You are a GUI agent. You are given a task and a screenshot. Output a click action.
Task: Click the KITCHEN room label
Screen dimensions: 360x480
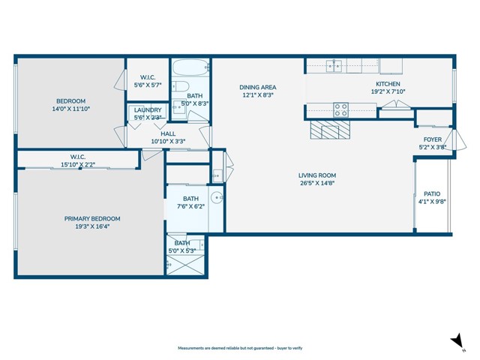coord(388,84)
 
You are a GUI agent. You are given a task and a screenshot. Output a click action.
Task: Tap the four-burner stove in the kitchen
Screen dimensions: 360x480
coord(340,110)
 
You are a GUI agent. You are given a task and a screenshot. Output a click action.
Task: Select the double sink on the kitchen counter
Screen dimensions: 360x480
coord(334,66)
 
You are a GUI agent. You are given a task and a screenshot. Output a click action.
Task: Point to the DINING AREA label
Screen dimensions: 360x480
coord(257,87)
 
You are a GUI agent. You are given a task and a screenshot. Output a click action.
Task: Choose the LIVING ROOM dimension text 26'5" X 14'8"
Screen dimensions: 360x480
coord(317,183)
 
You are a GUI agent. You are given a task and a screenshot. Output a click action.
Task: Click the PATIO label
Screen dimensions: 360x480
coord(432,193)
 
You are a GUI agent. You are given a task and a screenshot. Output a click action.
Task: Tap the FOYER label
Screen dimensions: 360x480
coord(433,139)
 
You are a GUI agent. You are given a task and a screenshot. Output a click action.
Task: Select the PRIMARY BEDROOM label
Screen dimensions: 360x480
coord(92,219)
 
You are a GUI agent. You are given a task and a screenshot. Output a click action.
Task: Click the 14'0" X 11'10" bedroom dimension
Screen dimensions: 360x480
coord(71,109)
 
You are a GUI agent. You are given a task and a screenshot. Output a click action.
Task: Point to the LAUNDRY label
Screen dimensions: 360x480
coord(148,109)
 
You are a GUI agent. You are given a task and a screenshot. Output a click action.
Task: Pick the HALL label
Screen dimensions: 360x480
coord(168,133)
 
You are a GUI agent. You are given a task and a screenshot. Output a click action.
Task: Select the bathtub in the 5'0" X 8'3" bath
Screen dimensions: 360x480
coord(190,70)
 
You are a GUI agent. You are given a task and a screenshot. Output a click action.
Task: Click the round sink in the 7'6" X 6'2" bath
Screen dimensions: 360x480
coord(215,199)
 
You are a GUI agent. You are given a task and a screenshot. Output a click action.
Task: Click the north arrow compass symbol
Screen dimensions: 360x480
coord(455,342)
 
